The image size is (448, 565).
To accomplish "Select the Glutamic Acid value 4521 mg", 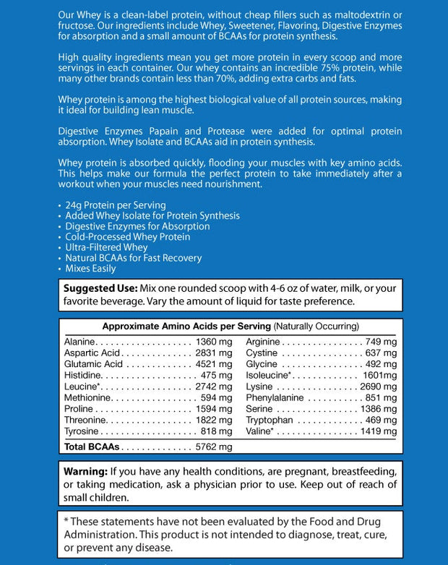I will [214, 364].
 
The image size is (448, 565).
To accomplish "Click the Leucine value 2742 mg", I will [214, 387].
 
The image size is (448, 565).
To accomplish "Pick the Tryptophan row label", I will [270, 420].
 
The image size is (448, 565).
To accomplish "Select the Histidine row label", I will [82, 375].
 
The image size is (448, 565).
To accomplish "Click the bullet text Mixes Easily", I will [90, 268].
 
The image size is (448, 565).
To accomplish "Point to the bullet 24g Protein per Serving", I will [116, 205].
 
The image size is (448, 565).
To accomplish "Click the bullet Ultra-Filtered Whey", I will [106, 247].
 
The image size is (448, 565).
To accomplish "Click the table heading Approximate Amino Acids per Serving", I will [186, 326].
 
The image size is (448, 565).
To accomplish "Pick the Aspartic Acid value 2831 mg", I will [214, 353].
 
